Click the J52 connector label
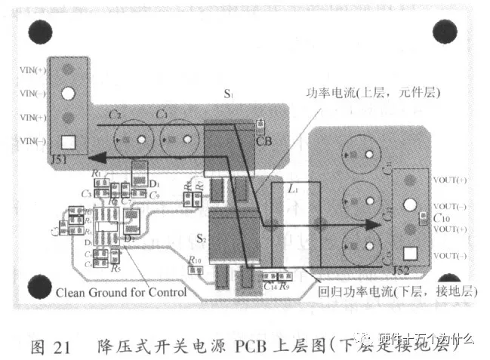[x=402, y=269]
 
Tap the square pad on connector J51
[x=68, y=141]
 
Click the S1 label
[x=228, y=95]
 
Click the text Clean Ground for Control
[x=121, y=292]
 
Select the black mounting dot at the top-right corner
[x=444, y=32]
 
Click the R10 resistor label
[x=195, y=260]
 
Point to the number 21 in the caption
[x=61, y=347]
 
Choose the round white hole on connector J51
[x=68, y=94]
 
